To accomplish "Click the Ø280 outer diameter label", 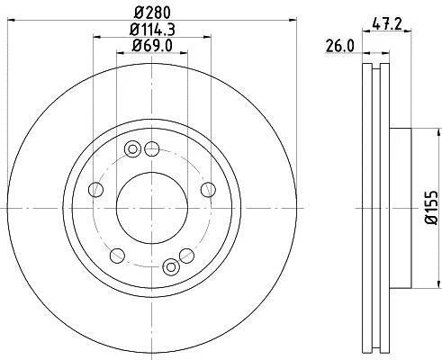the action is [x=152, y=13].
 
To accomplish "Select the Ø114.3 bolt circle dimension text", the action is [x=152, y=30].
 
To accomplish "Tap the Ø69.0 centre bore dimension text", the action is [x=152, y=46].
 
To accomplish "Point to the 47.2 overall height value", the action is [x=386, y=23].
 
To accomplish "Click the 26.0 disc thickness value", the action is [x=339, y=47].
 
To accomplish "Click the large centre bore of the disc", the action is [x=152, y=208].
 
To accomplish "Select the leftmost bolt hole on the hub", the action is [x=96, y=190].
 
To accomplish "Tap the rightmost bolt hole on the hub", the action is [x=208, y=190].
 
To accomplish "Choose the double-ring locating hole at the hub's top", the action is [x=132, y=149].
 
